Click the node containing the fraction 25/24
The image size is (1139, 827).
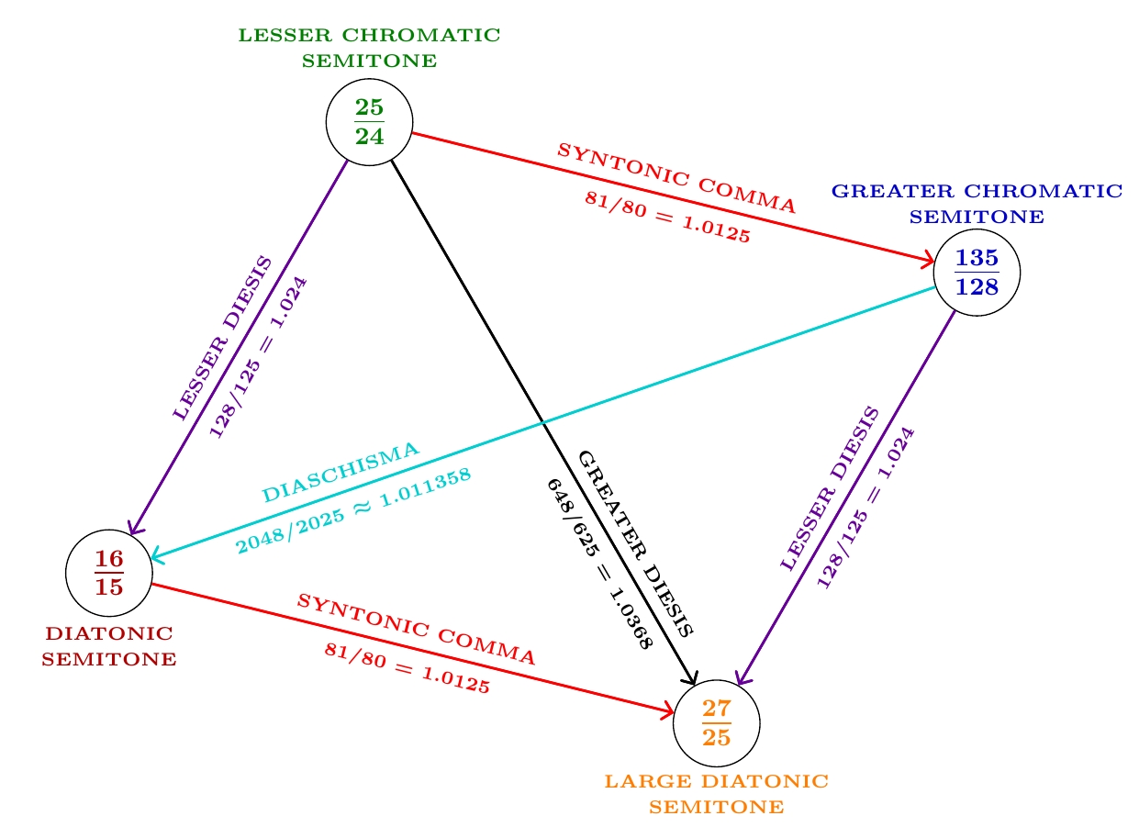(369, 122)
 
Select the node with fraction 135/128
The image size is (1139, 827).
(976, 273)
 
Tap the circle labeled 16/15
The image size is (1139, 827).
(108, 574)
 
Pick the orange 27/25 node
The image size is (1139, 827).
(716, 723)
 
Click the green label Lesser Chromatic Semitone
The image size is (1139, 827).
(369, 49)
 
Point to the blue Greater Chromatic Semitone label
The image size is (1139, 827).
(976, 204)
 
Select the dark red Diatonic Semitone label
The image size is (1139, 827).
(108, 646)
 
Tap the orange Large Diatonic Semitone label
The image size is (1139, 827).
(716, 794)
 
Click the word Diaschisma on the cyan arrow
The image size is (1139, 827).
(341, 472)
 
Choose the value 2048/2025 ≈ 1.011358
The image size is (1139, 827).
(354, 511)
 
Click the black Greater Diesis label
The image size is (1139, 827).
(635, 543)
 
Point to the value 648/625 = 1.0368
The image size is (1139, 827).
(598, 564)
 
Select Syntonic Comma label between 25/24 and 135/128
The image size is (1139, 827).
(676, 178)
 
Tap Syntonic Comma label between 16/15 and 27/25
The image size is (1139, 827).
(416, 629)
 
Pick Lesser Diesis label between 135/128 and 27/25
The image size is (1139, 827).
(830, 488)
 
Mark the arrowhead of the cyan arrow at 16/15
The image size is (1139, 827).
(152, 556)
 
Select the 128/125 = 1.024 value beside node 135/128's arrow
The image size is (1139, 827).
(865, 507)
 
